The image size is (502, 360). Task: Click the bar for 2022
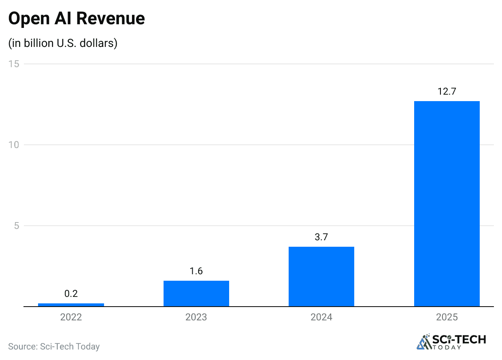tap(71, 305)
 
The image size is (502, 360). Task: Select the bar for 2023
tap(196, 293)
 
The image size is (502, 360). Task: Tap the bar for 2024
tap(321, 276)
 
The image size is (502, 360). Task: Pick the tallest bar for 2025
tap(447, 203)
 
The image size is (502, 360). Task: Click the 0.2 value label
tap(71, 294)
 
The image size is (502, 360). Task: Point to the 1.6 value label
tap(196, 271)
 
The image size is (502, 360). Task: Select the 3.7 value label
tap(321, 237)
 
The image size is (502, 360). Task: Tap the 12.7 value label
tap(447, 91)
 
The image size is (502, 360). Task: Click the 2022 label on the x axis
tap(71, 317)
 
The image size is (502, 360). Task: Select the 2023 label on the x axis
tap(196, 317)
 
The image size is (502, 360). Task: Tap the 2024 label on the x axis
tap(321, 317)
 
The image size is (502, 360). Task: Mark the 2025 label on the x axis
tap(447, 317)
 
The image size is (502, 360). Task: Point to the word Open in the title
tap(26, 19)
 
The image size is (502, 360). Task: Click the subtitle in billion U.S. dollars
tap(63, 43)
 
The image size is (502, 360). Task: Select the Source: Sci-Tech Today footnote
tap(54, 347)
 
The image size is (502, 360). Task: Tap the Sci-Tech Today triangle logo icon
tap(423, 342)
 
